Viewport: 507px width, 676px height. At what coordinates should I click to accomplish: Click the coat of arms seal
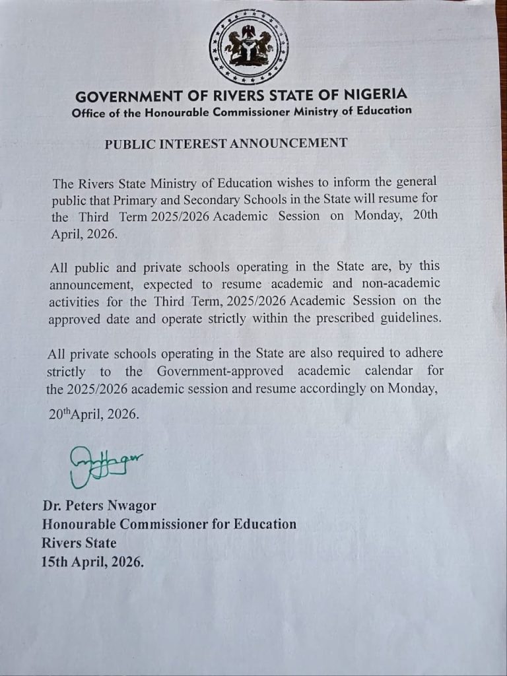click(x=248, y=46)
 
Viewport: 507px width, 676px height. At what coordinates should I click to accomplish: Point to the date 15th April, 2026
click(x=92, y=562)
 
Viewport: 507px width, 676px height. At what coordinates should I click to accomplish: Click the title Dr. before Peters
click(x=52, y=507)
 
